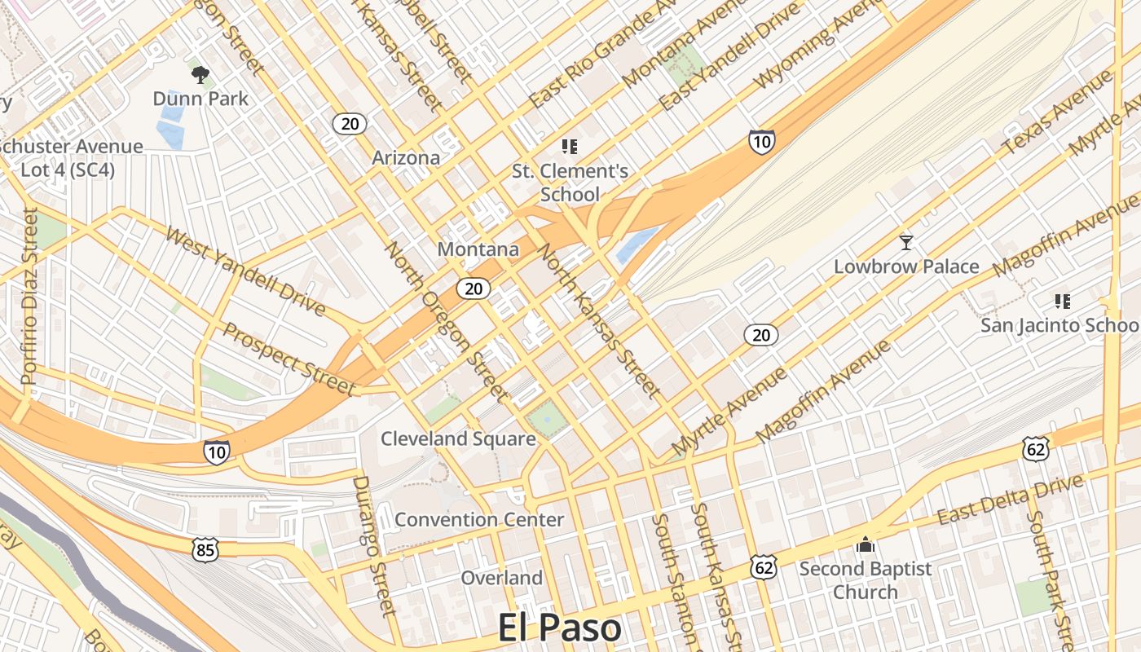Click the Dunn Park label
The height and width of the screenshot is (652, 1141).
click(200, 99)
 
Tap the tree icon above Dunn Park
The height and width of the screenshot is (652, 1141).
click(200, 76)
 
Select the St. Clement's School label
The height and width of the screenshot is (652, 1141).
click(570, 183)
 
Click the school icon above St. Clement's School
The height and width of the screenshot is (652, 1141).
click(570, 147)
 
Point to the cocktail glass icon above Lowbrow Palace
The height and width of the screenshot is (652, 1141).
click(905, 242)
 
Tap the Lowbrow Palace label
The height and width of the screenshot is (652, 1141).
click(905, 267)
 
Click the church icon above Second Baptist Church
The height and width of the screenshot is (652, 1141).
click(865, 544)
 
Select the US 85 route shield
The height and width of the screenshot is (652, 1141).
click(205, 550)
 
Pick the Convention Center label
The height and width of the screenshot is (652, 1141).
click(478, 519)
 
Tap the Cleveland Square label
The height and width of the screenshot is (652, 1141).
click(458, 438)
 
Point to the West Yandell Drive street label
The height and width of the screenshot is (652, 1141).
click(245, 271)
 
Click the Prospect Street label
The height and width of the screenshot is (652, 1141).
click(289, 359)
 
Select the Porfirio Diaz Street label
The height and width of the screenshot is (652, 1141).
click(29, 296)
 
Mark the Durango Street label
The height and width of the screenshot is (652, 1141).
click(373, 546)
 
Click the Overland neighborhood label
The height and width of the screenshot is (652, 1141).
click(501, 578)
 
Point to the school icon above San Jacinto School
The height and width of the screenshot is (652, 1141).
click(1061, 302)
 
